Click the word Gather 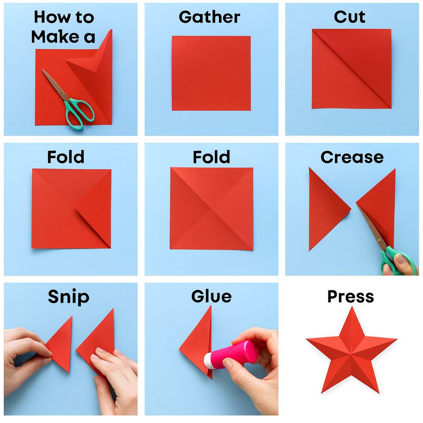pos(209,17)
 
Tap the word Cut pos(349,17)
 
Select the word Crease pos(352,157)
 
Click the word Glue pos(211,297)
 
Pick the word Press pos(351,297)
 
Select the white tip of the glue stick pos(209,360)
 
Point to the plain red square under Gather pos(211,73)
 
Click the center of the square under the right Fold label pos(211,209)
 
